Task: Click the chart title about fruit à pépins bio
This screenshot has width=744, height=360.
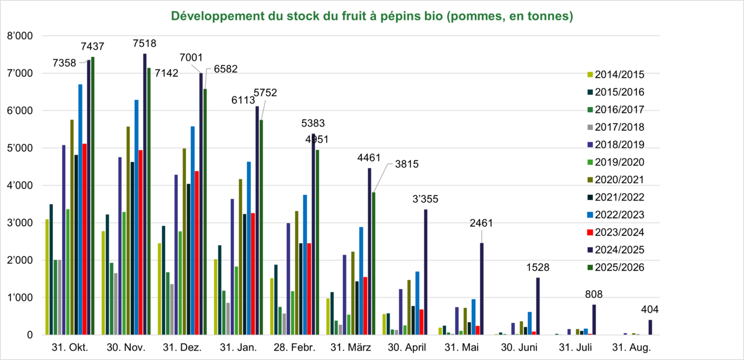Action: [372, 16]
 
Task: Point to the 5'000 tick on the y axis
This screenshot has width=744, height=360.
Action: [22, 148]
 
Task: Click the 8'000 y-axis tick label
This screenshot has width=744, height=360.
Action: [22, 36]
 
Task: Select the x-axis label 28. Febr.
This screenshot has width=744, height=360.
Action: [295, 348]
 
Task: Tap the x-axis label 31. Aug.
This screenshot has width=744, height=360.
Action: [632, 348]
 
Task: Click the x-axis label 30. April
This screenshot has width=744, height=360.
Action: [407, 348]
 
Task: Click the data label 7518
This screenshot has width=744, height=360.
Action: [145, 43]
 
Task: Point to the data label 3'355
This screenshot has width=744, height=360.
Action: [426, 199]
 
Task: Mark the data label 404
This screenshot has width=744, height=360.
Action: [650, 309]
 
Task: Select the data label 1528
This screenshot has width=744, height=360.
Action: [538, 268]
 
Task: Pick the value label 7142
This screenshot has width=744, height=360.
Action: [167, 73]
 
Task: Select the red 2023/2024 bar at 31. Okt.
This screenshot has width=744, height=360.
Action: [84, 239]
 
